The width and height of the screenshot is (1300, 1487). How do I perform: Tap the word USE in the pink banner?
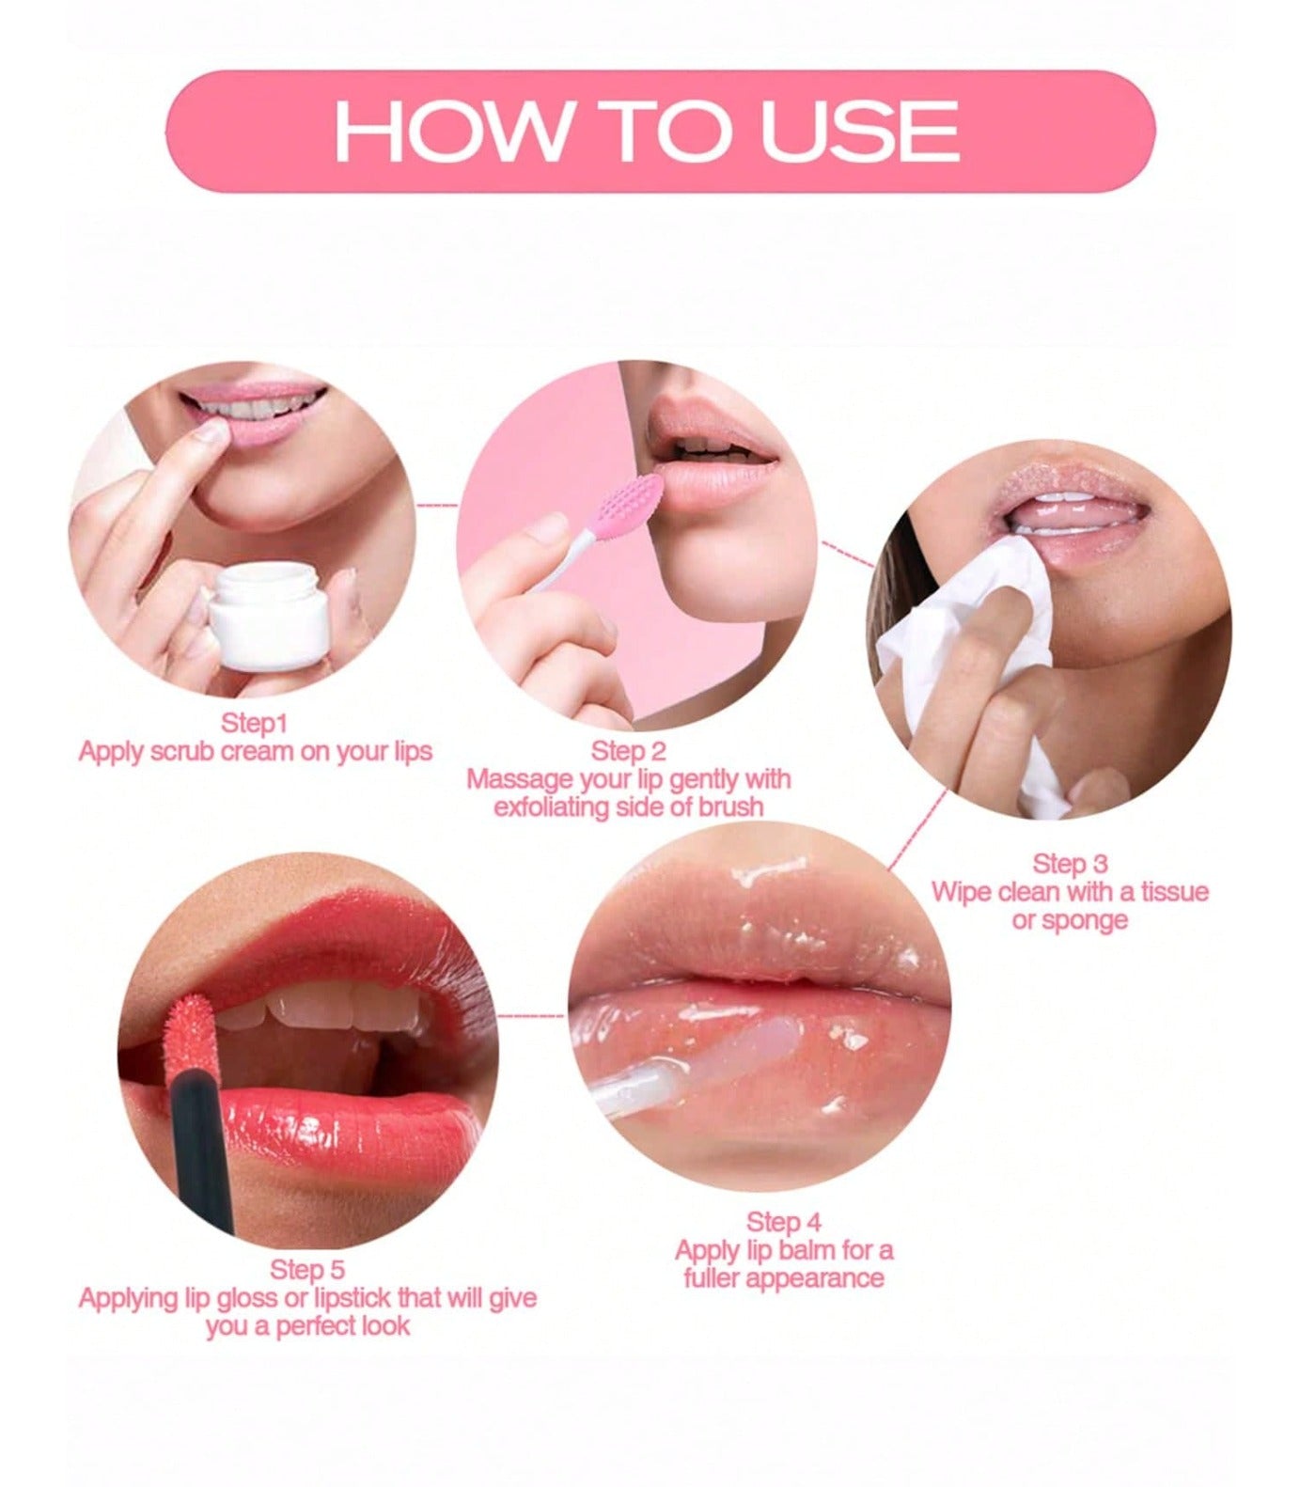pos(859,131)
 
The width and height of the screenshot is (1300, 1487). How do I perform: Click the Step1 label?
pos(254,724)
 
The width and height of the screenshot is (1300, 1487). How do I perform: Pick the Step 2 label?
pos(628,751)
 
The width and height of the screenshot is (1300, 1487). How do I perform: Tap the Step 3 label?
pos(1070,864)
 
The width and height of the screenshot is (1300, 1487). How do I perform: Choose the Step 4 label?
pos(783,1222)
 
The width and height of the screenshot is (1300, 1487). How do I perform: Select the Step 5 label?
pos(307,1270)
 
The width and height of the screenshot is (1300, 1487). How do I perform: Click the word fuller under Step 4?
pos(717,1278)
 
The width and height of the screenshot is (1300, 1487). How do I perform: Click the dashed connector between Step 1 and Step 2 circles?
pos(436,506)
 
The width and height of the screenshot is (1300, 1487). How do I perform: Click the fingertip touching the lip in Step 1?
pos(211,433)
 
